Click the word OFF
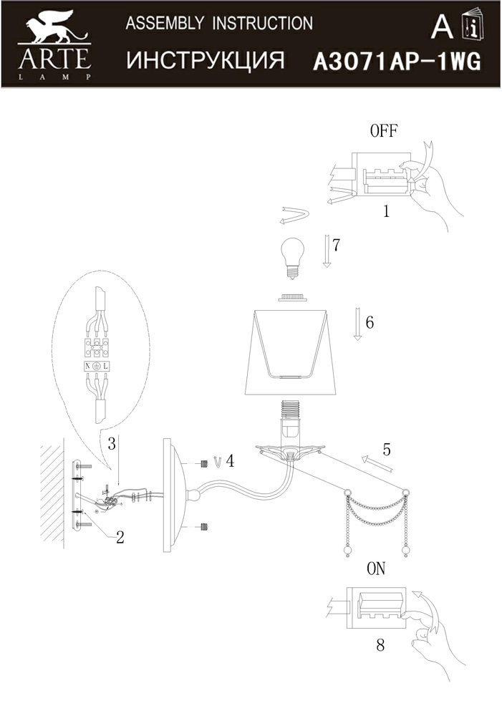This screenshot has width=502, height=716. (x=384, y=130)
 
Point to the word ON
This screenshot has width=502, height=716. (x=376, y=569)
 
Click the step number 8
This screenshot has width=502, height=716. (x=380, y=644)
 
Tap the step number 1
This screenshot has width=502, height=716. (x=386, y=211)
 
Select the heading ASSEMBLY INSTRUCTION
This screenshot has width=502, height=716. (x=219, y=24)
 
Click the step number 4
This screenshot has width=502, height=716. (x=230, y=460)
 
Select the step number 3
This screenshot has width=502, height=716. (x=112, y=443)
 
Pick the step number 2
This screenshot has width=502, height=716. (x=120, y=537)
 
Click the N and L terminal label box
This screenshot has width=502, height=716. (x=96, y=366)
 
